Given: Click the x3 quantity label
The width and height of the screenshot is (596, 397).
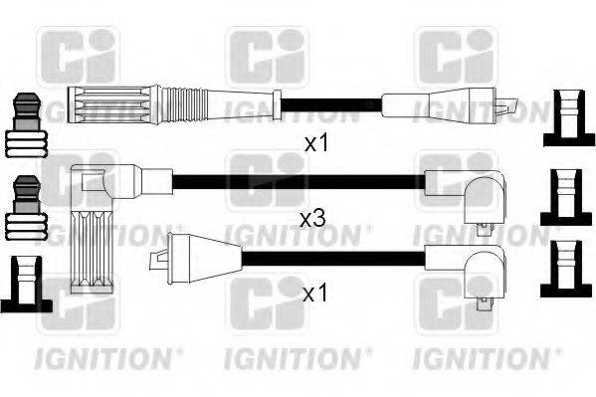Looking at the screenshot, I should coord(312,218).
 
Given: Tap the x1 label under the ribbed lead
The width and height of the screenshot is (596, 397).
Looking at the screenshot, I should coord(316,143).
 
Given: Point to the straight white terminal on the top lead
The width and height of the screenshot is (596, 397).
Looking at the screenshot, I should coord(438,103).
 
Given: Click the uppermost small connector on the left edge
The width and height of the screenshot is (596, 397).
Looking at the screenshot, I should coord(26,125).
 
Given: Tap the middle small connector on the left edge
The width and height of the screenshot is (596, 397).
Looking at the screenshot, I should coord(26,209).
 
